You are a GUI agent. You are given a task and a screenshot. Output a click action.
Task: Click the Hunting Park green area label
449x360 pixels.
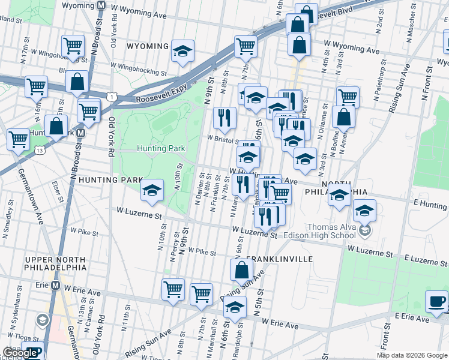160,148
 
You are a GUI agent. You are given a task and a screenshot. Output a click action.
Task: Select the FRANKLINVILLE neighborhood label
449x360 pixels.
279,259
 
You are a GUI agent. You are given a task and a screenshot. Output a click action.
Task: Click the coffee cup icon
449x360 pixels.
436,301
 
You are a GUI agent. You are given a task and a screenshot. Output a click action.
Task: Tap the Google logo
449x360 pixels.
20,353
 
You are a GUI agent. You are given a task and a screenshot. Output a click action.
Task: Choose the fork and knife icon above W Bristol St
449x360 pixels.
224,117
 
